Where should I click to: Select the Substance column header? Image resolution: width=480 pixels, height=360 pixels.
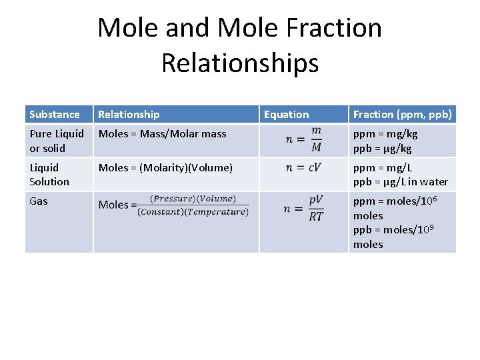tap(55, 115)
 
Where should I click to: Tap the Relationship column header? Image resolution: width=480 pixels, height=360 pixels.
tap(129, 115)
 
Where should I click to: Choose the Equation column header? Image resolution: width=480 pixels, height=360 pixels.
tap(287, 115)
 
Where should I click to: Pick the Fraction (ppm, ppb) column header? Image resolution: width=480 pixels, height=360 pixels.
tap(403, 115)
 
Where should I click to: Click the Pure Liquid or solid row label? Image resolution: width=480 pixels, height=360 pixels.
tap(57, 141)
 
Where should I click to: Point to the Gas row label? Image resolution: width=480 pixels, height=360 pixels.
tap(39, 201)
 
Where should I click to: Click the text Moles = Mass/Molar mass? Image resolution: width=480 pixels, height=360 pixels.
tap(163, 134)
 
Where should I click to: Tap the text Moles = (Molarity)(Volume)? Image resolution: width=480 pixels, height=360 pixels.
tap(165, 168)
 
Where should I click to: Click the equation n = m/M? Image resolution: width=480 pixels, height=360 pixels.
tap(304, 140)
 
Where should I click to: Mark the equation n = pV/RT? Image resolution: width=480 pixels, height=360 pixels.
tap(304, 208)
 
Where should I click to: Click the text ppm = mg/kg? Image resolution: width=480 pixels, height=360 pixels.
tap(385, 134)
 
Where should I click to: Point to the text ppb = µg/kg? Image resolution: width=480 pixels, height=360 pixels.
tap(383, 148)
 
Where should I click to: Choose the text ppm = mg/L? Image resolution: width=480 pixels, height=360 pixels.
tap(383, 168)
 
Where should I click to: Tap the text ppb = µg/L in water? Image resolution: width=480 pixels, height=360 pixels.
tap(401, 182)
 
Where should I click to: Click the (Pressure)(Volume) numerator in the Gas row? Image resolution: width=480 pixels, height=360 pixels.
tap(193, 198)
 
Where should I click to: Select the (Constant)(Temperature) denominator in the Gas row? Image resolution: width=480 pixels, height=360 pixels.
tap(193, 212)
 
